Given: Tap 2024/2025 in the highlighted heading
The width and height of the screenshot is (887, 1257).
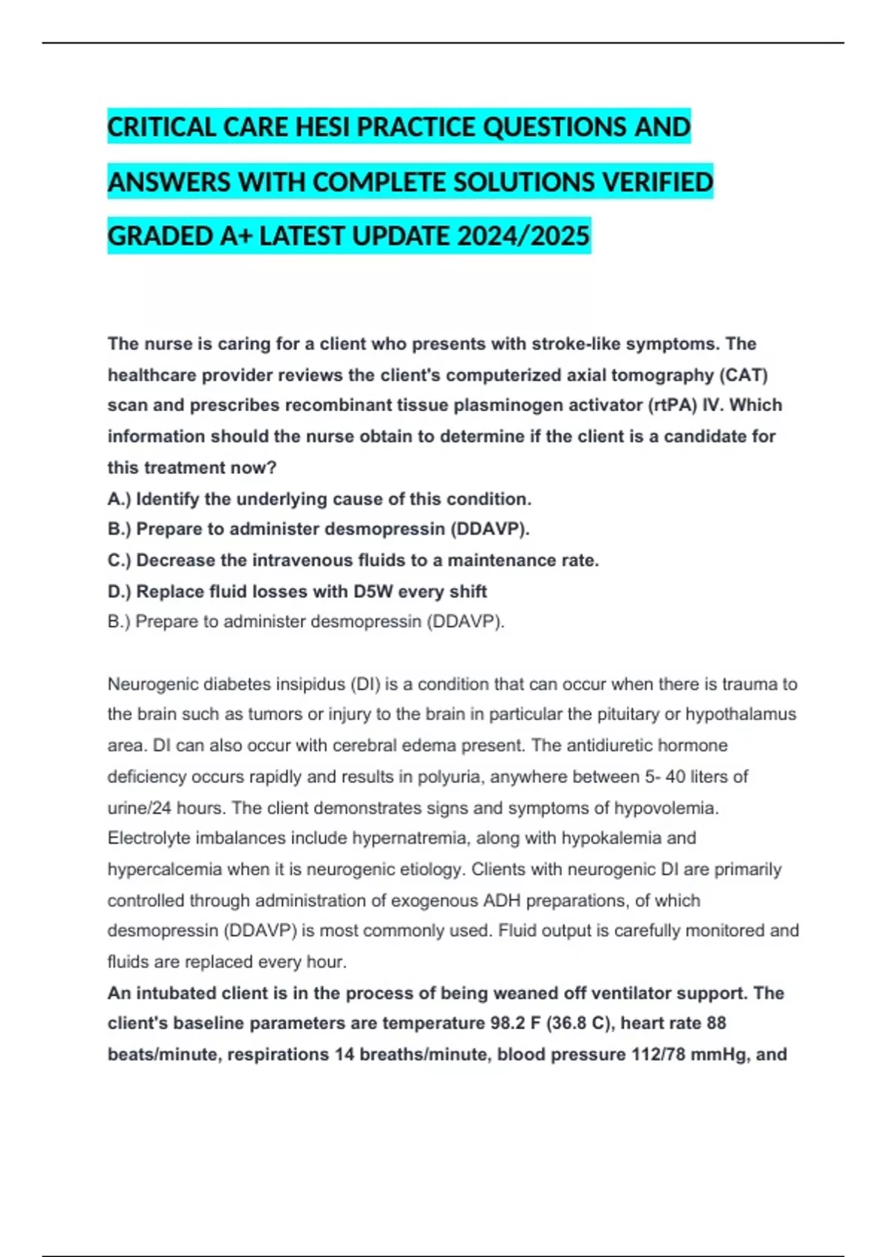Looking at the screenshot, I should click(x=523, y=236).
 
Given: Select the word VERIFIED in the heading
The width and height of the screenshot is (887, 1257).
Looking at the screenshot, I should click(x=656, y=182).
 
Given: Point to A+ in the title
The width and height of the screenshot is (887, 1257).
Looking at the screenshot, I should click(x=237, y=236).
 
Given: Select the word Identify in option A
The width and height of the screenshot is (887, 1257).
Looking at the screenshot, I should click(x=168, y=499).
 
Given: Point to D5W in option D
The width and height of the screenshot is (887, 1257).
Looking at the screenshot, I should click(x=373, y=592).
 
